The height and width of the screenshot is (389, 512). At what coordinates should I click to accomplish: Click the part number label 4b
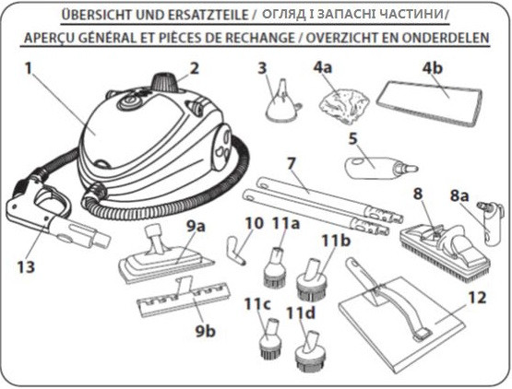[433, 68]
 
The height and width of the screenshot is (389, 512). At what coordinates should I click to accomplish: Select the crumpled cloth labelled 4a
[344, 105]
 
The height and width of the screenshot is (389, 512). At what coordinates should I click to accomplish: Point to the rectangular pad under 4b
[429, 103]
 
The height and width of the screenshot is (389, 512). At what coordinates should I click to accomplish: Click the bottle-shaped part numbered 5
[381, 168]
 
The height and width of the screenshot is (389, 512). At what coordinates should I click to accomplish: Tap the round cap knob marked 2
[165, 83]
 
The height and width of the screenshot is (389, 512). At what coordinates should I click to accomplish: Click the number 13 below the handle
[26, 266]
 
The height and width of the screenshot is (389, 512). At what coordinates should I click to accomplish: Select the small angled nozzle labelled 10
[234, 251]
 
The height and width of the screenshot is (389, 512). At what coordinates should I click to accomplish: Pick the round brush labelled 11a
[275, 267]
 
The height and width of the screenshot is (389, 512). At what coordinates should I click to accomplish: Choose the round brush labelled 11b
[310, 280]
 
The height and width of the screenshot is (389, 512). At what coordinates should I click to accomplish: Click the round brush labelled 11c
[269, 338]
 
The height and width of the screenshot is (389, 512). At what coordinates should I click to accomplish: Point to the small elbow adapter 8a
[489, 224]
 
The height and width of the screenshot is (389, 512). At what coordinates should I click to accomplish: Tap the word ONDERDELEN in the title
[446, 38]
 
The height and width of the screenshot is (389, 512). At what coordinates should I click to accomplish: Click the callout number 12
[477, 298]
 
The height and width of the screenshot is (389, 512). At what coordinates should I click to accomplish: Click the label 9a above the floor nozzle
[196, 227]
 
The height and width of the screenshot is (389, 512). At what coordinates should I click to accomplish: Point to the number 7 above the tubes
[292, 163]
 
